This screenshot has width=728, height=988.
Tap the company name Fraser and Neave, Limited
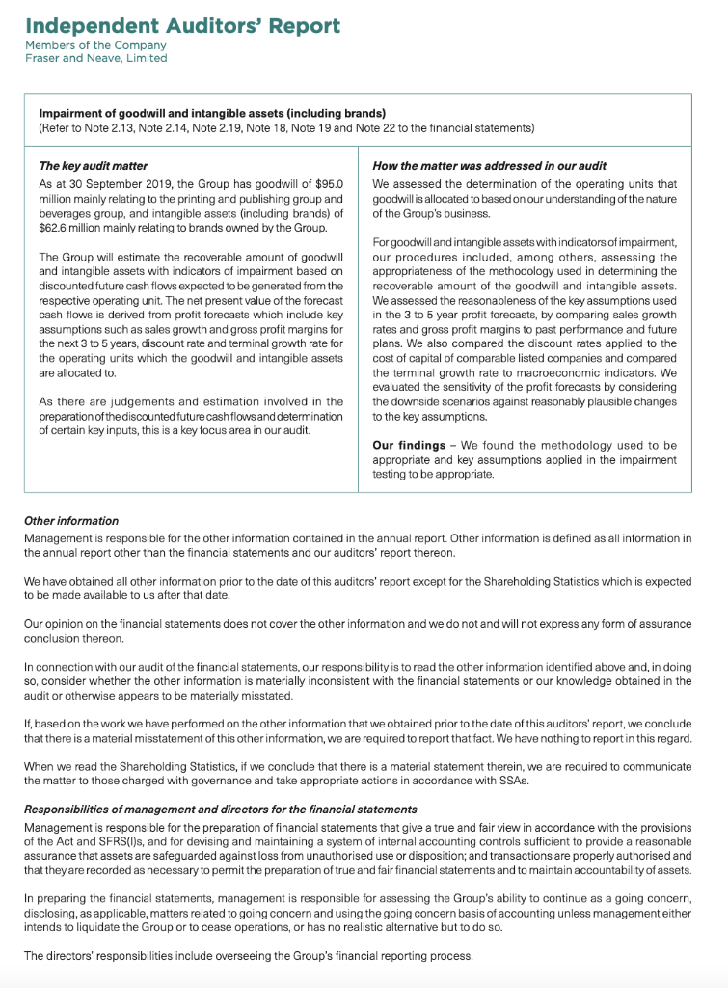pos(96,58)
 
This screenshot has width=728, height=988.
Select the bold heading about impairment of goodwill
pos(212,113)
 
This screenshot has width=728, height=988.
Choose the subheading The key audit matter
pos(94,166)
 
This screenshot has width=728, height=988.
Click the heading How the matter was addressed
pos(490,166)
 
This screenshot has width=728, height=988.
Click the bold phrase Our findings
pos(412,445)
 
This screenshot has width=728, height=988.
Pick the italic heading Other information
pos(71,521)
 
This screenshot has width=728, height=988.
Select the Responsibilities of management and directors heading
pos(220,809)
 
